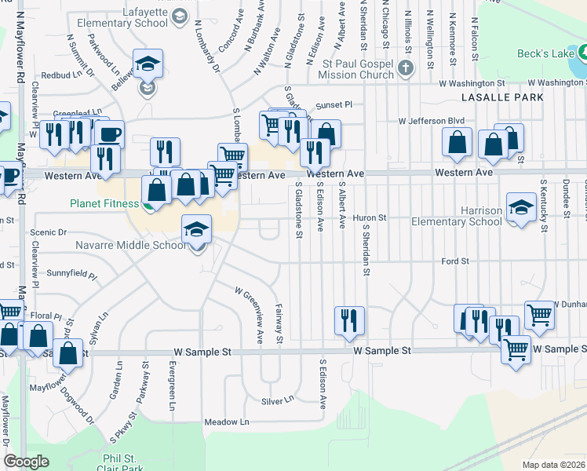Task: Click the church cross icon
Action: click(406, 68)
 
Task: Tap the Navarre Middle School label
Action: click(130, 245)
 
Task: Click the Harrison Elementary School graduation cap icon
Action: click(520, 208)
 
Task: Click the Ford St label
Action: click(454, 261)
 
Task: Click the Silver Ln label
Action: click(277, 400)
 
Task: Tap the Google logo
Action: click(26, 462)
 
